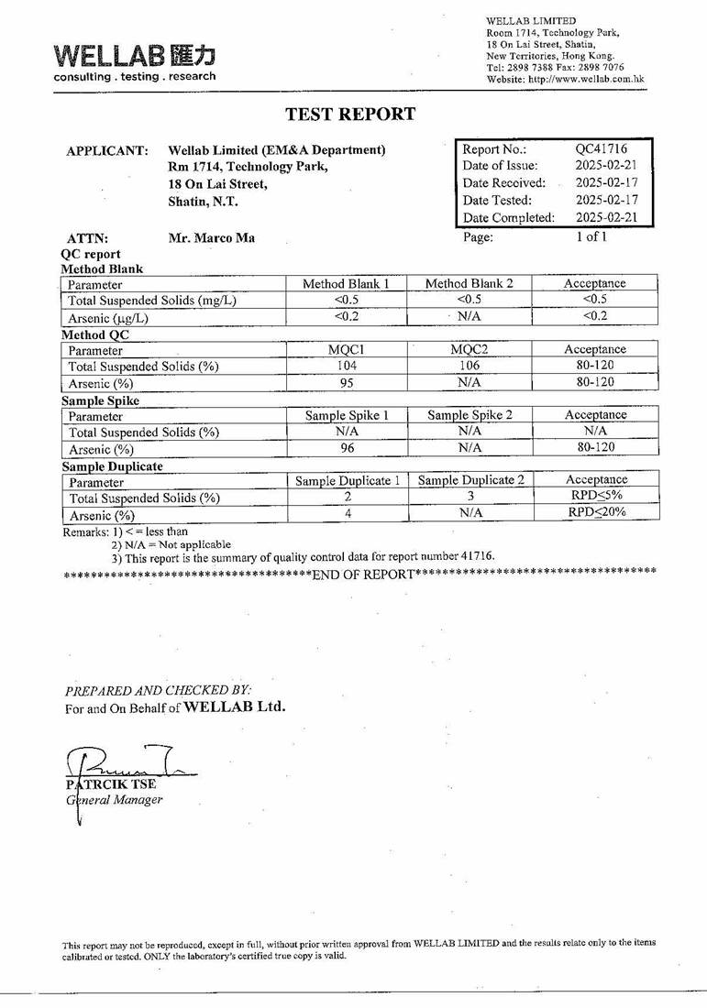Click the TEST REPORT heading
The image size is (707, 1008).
coord(350,115)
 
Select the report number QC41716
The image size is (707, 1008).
coord(601,148)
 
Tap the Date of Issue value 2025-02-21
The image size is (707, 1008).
coord(606,166)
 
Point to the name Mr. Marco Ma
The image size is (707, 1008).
coord(212,238)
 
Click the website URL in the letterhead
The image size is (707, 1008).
coord(566,79)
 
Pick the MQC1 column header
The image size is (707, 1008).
coord(346,349)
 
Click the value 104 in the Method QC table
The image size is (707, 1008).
coord(346,366)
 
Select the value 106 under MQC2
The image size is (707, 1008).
coord(469,366)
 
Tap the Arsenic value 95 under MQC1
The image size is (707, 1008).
coord(346,382)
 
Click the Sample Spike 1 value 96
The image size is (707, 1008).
coord(346,448)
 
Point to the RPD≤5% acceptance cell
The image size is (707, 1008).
coord(596,497)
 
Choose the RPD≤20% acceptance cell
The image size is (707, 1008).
coord(596,513)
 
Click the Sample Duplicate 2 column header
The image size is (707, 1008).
coord(470,480)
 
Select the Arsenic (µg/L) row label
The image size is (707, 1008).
coord(108,318)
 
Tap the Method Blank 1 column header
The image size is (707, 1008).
coord(346,284)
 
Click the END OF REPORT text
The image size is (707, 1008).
coord(362,575)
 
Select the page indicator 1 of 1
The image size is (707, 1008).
coord(591,236)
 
